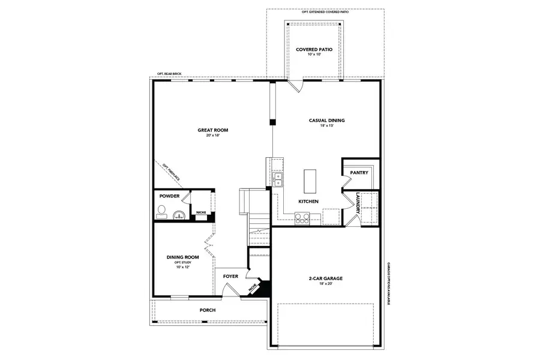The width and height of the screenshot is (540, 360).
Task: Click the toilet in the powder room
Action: pos(161,211)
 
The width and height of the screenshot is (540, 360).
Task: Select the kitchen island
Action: pos(309,179)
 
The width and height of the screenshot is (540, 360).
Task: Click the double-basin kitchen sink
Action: pos(278,178)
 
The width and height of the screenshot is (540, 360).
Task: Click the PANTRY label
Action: pos(359,172)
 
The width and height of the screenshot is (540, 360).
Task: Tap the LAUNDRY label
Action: pos(358,203)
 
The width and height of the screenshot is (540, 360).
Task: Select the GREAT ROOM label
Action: pos(213,130)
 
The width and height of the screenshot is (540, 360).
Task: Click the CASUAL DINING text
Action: pos(326,120)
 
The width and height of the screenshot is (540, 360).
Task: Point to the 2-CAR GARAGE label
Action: pos(326,278)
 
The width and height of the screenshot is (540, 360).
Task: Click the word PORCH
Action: pos(208,310)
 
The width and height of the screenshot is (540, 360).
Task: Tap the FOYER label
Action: pos(231,276)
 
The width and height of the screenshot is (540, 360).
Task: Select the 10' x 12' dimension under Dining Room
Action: pos(182,267)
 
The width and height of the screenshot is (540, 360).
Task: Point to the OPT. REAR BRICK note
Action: pos(169,74)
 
